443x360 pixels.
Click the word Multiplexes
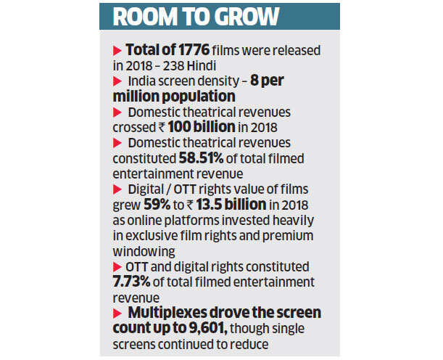[170, 312]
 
